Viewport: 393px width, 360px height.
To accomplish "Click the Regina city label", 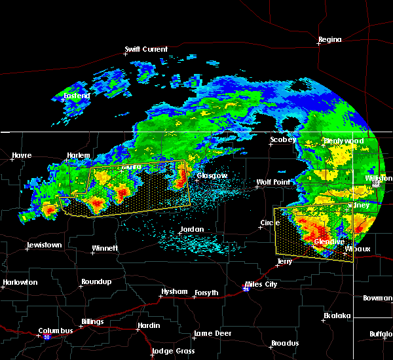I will pos(330,40).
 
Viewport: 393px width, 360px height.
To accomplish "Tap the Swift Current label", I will pos(147,49).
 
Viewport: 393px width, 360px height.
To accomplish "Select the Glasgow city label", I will pos(212,175).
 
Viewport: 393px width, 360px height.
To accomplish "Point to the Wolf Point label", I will pos(272,182).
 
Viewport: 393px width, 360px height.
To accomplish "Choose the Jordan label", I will pos(193,229).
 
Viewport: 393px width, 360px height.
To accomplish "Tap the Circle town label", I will pos(270,223).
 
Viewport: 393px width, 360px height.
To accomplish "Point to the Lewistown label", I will pos(44,245).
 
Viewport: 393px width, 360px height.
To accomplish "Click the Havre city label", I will pos(22,156).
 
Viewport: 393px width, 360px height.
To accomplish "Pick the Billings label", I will pos(92,322).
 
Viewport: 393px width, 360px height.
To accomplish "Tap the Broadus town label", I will pos(284,344).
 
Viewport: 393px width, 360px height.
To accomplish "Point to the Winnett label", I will pos(105,249).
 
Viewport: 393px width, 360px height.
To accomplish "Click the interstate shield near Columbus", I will pos(47,338).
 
